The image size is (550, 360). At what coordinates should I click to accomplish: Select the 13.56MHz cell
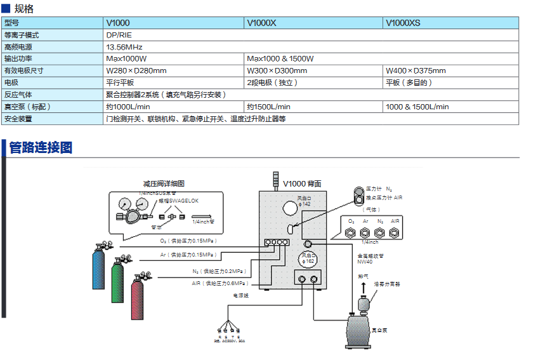(x=124, y=47)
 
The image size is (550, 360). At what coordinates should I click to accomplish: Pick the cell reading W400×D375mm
(x=416, y=70)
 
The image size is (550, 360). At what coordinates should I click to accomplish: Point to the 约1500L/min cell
(x=269, y=107)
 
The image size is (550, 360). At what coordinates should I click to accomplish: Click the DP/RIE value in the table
(x=119, y=35)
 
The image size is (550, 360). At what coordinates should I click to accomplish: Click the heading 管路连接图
(x=41, y=148)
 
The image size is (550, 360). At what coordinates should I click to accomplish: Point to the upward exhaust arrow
(x=363, y=288)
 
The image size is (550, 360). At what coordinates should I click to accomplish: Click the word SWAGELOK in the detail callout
(x=183, y=201)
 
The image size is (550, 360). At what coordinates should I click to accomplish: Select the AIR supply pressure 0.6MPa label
(x=218, y=283)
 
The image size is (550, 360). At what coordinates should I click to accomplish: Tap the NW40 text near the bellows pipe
(x=365, y=261)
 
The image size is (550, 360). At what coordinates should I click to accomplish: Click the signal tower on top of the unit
(x=276, y=180)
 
